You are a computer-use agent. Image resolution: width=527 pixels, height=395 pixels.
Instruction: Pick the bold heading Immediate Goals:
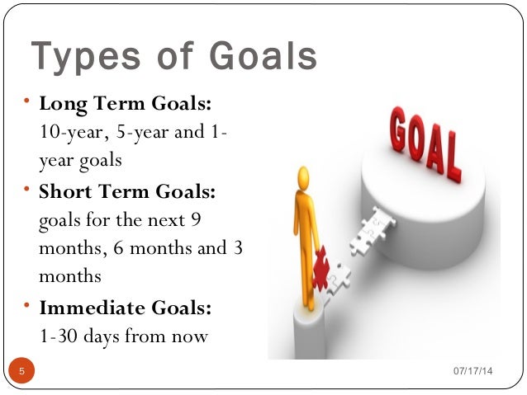pos(126,308)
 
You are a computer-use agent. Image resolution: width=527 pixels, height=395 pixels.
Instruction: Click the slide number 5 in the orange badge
pos(22,372)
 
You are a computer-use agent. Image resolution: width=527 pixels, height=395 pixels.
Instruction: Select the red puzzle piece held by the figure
pos(320,265)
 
